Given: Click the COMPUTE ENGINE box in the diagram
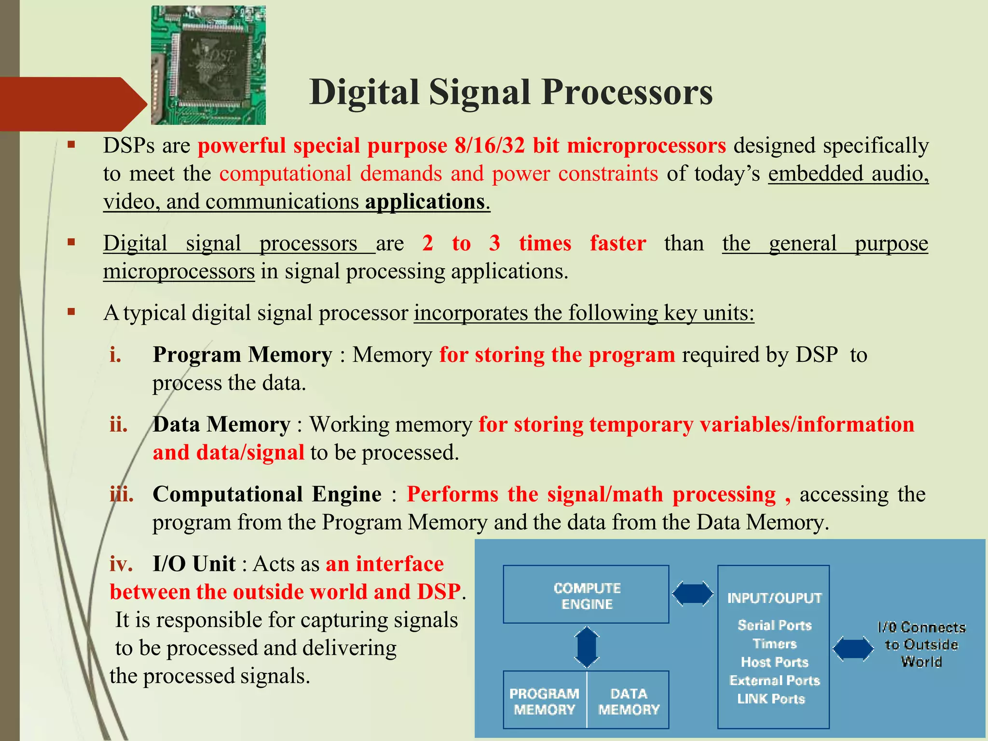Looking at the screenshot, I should (586, 595).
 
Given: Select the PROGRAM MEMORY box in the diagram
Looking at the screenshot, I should (545, 700).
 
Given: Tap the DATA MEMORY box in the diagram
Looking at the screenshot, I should (628, 700).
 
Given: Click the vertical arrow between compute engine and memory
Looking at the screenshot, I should (587, 647).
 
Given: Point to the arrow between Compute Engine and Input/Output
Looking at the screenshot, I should (692, 593).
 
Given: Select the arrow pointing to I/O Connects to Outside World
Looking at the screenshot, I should (852, 648).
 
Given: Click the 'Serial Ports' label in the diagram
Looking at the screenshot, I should (774, 625).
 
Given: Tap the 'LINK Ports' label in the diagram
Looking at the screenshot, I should (771, 699).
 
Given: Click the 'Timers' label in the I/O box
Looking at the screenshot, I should (774, 644).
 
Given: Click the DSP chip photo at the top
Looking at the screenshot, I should (208, 65).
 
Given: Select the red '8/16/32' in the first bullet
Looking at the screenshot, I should (489, 146).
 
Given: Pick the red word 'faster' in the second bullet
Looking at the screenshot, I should (617, 243).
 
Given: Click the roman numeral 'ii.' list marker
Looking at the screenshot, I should (119, 425).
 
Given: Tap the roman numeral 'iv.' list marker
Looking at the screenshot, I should (121, 564).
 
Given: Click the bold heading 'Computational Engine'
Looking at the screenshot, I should (267, 494).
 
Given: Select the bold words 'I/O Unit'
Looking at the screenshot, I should (194, 564).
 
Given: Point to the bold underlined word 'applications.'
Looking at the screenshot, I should (427, 202).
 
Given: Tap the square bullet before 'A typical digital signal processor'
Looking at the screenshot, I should (71, 312).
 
